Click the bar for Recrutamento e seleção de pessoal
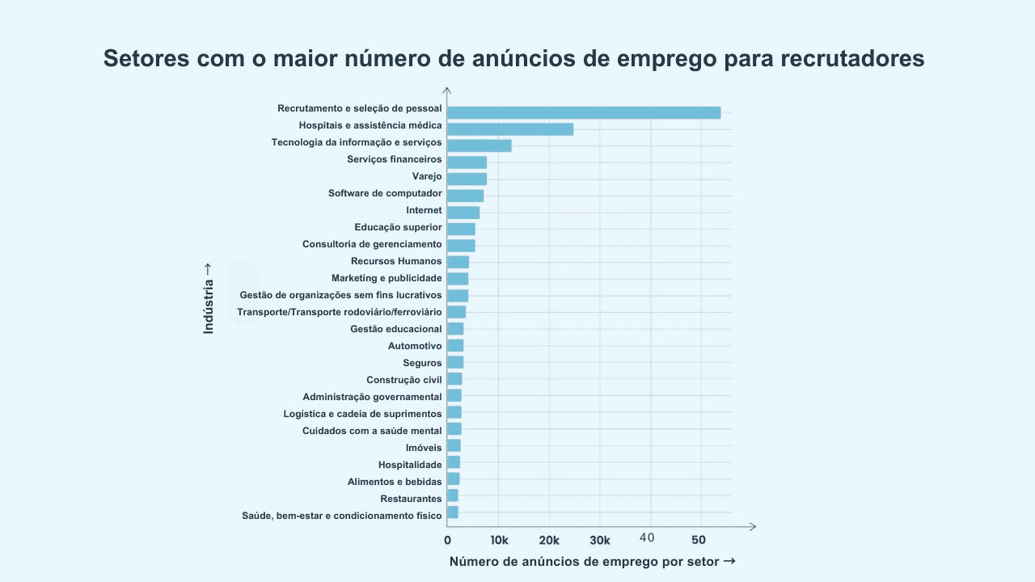584,112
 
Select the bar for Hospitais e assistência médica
510,129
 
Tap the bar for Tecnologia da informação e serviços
479,145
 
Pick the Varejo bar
467,179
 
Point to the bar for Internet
463,213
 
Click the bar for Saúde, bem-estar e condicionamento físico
453,512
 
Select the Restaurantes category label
411,499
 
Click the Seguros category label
422,363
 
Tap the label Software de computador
385,193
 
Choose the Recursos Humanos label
396,261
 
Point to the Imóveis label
424,448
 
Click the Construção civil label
403,380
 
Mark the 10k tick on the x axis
499,540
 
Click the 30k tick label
600,540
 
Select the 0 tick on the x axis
448,540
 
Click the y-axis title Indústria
209,298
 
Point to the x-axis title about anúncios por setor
592,562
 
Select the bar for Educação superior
461,230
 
